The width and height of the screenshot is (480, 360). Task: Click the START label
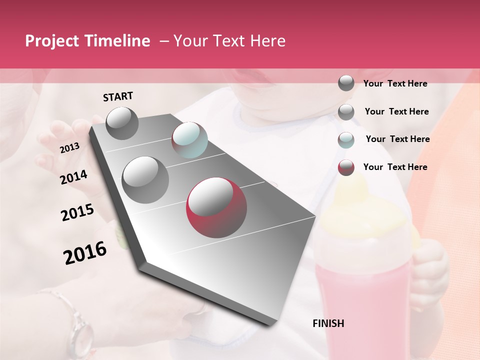tap(118, 96)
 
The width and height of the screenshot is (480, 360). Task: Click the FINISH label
tap(328, 323)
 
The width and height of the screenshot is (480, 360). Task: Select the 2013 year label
tap(69, 148)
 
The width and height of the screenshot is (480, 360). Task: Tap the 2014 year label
tap(73, 177)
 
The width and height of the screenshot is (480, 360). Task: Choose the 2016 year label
tap(85, 253)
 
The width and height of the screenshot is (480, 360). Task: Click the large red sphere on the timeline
tap(216, 207)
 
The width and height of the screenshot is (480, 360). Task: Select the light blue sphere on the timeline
tap(189, 140)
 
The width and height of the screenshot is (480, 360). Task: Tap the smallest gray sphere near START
tap(122, 123)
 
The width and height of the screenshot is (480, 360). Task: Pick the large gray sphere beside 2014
tap(145, 180)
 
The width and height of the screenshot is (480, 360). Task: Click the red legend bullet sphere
tap(346, 167)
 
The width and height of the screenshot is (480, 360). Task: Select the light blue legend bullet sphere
tap(346, 140)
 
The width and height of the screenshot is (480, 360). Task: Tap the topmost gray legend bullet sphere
tap(346, 83)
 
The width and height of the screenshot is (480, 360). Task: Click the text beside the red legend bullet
tap(395, 167)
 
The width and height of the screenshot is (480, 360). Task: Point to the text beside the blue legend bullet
tap(397, 139)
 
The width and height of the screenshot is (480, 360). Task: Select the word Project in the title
tap(52, 41)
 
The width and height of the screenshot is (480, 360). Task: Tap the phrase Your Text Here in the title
tap(229, 41)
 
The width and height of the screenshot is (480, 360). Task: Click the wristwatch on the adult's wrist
tap(80, 330)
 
